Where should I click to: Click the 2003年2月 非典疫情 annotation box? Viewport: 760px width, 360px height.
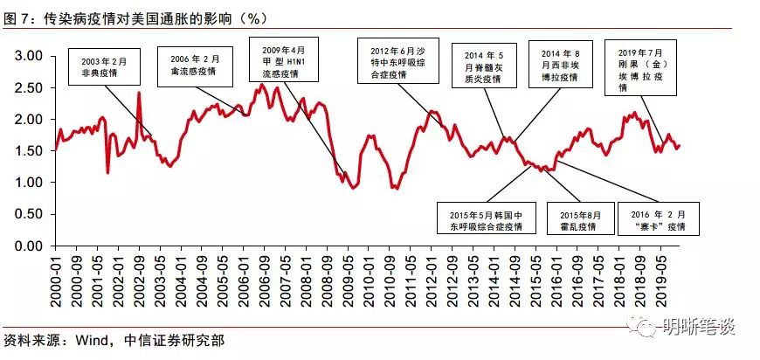coord(104,67)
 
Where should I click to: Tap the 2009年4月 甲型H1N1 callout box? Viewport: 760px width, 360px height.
coord(284,59)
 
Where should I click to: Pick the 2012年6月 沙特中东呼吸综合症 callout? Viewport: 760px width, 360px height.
coord(397,60)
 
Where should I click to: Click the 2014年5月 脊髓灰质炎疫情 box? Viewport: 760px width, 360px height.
coord(484,66)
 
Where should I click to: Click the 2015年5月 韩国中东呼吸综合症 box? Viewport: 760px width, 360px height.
coord(487,218)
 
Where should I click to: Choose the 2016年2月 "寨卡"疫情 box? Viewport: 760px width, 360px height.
coord(658,218)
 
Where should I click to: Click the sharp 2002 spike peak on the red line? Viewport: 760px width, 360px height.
coord(139,92)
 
